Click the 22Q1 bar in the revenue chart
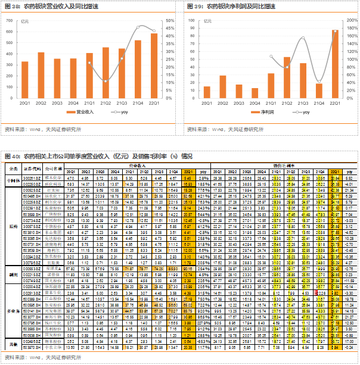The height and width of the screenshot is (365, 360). pyautogui.click(x=154, y=65)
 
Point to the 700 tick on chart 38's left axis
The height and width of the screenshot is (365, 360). pyautogui.click(x=9, y=21)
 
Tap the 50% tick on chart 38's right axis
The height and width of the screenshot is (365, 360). pyautogui.click(x=170, y=21)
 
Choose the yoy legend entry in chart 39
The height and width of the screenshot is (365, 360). pyautogui.click(x=303, y=112)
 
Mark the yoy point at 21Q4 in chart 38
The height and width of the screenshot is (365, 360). pyautogui.click(x=138, y=27)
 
